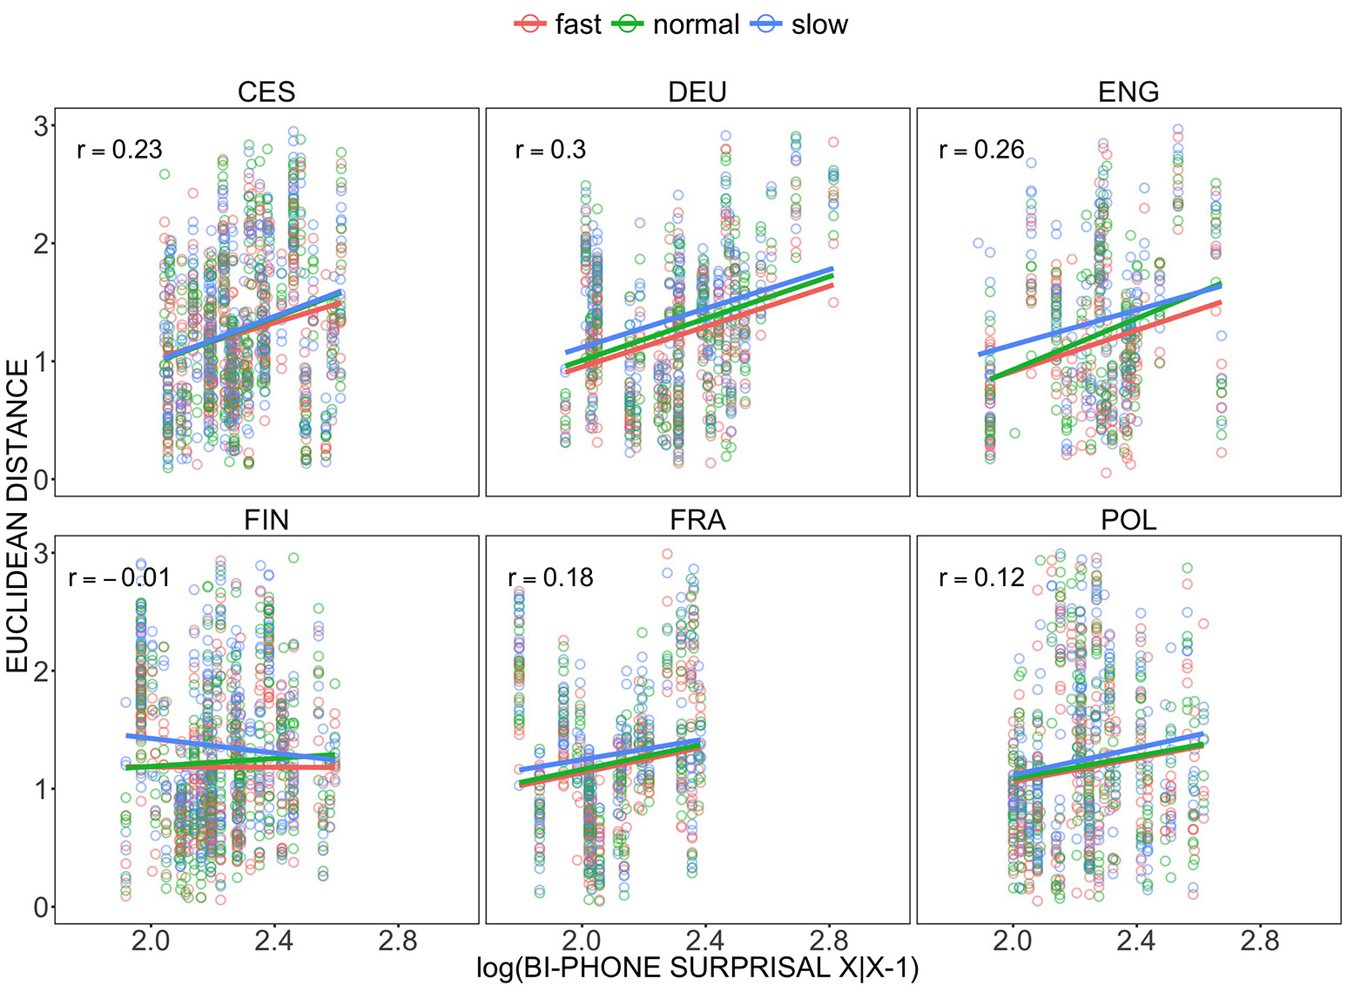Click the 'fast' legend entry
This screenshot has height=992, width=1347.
click(x=558, y=24)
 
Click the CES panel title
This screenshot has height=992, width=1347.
click(x=266, y=92)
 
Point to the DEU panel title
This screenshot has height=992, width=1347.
click(x=697, y=92)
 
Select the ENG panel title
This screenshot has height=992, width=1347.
click(x=1128, y=92)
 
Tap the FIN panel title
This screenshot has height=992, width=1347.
click(x=266, y=521)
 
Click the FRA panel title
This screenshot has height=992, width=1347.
click(x=697, y=521)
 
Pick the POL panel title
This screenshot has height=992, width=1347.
click(x=1128, y=521)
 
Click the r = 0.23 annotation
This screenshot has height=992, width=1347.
click(x=119, y=150)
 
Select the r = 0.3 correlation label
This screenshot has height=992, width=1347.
click(x=550, y=150)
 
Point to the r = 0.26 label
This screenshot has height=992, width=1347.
click(x=981, y=150)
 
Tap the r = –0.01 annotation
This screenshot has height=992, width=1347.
click(x=119, y=578)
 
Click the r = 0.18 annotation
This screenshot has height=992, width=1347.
click(x=550, y=578)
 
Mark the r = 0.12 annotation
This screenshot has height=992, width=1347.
click(x=981, y=578)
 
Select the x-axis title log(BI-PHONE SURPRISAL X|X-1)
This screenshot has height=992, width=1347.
click(x=697, y=968)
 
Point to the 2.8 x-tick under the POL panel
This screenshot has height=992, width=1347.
click(x=1260, y=941)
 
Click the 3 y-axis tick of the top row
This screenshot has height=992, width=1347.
click(x=40, y=126)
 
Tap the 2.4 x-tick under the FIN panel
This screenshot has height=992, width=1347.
click(x=274, y=941)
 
